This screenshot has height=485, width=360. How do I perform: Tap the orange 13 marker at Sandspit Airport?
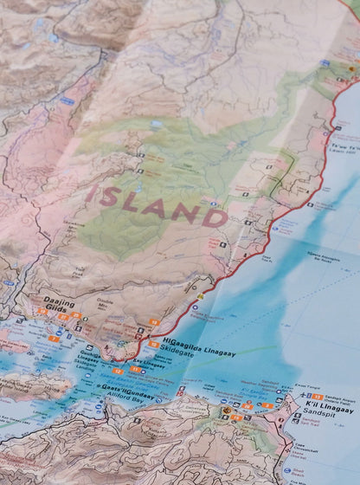[317, 395]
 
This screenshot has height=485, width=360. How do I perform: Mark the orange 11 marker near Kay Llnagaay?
[136, 371]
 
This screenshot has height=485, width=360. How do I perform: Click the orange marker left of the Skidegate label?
[153, 343]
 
